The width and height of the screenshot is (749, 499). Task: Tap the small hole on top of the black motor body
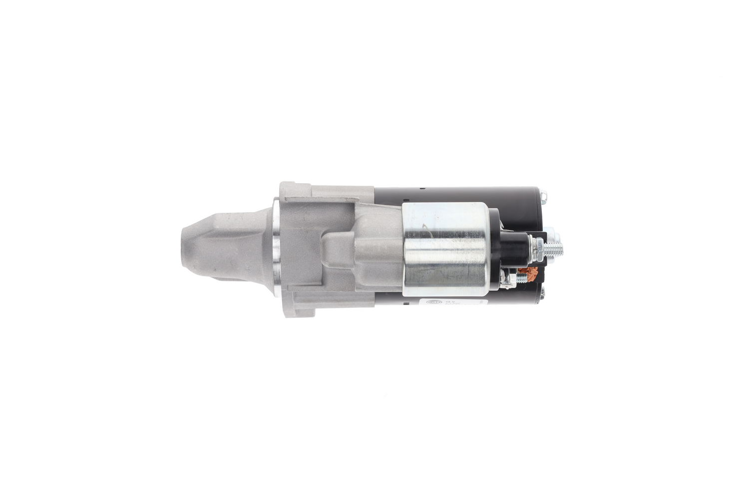[422, 189]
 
